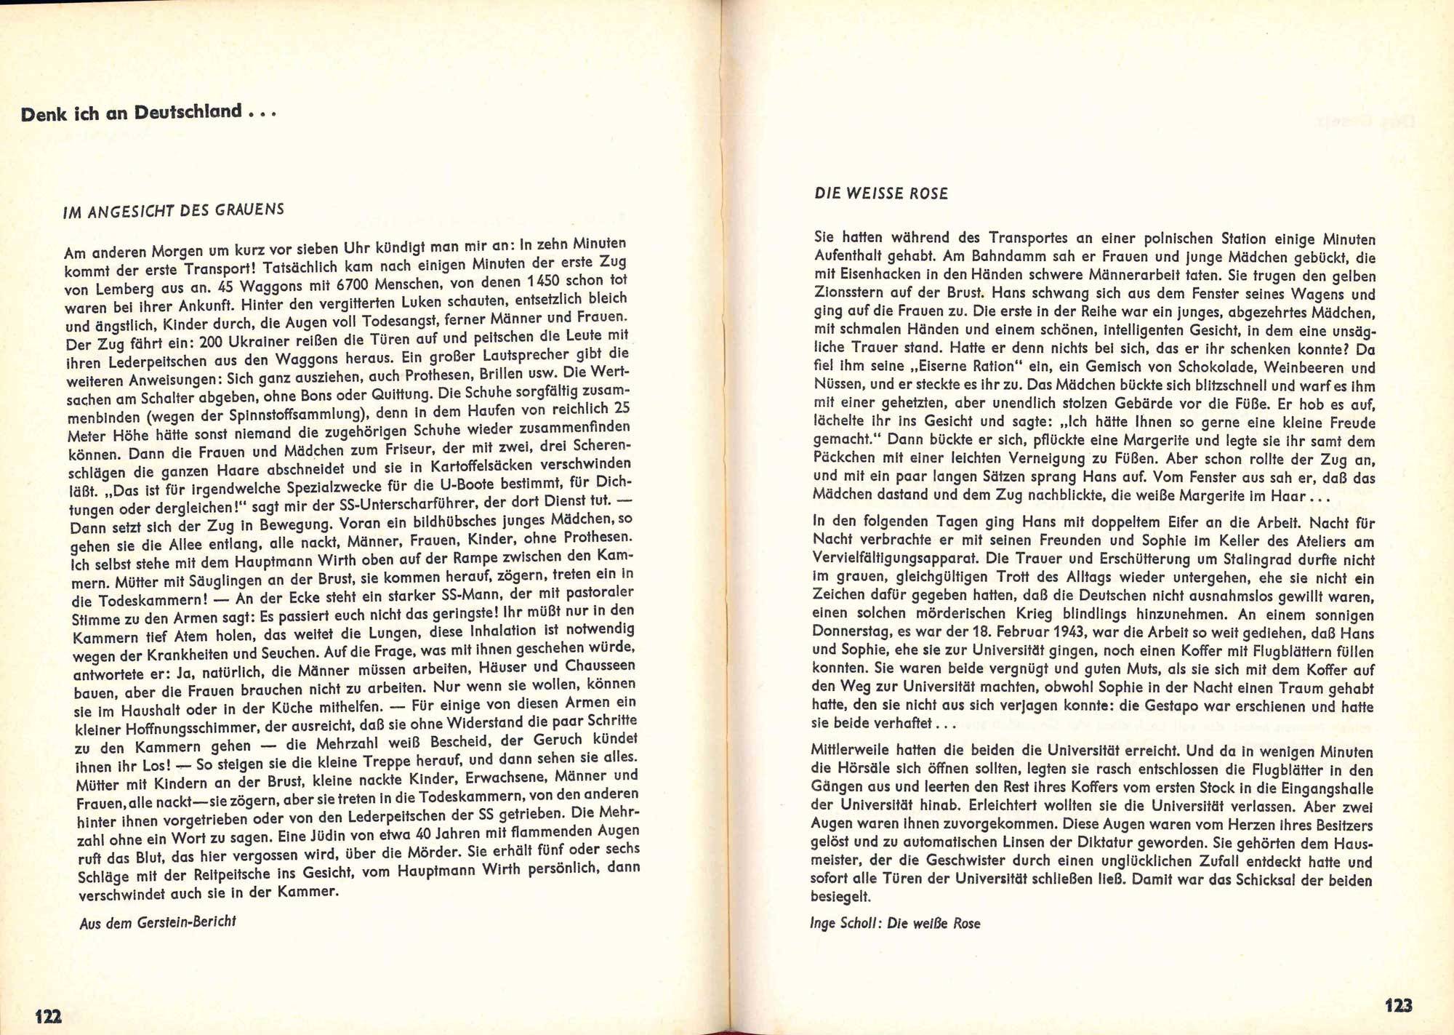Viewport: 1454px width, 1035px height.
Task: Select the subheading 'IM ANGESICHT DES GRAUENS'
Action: tap(174, 211)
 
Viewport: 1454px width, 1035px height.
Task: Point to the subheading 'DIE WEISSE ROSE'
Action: tap(881, 193)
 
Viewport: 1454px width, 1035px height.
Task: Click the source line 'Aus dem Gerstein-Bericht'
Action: tap(158, 922)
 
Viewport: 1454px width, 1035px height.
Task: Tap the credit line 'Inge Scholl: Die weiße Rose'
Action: tap(895, 923)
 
